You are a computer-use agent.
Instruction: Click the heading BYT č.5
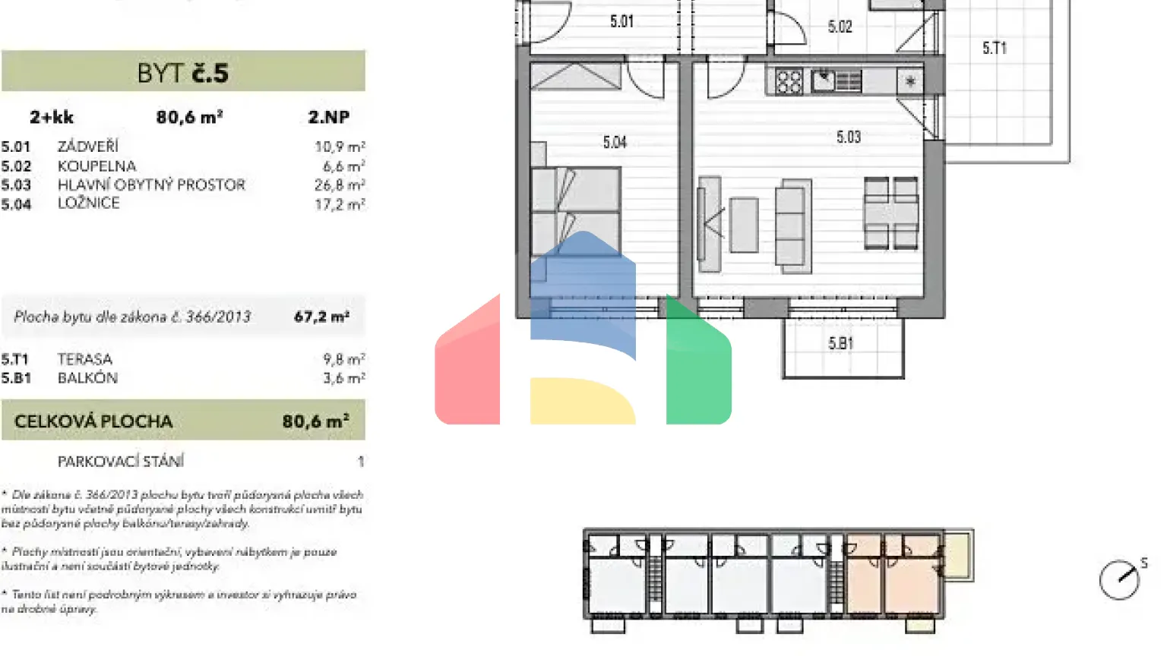(183, 73)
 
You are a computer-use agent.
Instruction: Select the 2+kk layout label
(52, 117)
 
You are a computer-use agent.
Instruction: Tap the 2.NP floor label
(328, 117)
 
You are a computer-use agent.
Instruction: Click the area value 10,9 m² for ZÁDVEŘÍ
(340, 147)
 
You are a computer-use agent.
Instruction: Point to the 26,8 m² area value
(340, 185)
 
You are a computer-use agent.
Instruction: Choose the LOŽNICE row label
(88, 203)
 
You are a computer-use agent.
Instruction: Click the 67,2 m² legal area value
(321, 317)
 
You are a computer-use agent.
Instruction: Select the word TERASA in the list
(85, 359)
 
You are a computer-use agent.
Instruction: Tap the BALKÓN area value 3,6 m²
(343, 378)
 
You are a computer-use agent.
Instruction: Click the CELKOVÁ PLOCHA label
(93, 421)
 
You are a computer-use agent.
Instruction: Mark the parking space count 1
(361, 462)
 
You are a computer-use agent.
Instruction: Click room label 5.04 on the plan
(615, 142)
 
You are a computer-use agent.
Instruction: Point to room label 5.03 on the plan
(849, 137)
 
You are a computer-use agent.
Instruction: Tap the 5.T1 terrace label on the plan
(994, 49)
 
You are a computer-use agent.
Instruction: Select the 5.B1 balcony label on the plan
(840, 343)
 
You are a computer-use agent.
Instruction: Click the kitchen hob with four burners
(789, 81)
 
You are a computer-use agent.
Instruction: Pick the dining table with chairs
(890, 213)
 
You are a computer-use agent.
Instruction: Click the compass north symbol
(1120, 579)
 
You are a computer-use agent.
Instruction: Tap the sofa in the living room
(793, 225)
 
